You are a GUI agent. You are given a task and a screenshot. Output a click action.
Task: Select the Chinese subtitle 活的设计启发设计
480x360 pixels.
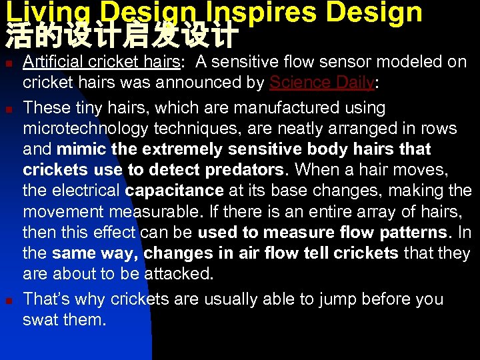(x=121, y=37)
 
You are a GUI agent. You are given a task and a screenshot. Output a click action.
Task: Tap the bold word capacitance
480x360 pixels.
(x=174, y=191)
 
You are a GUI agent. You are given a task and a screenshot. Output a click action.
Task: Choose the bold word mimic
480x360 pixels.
(x=80, y=149)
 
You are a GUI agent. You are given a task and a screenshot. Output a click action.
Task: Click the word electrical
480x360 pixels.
(x=87, y=191)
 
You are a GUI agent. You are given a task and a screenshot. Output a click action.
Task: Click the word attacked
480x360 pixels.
(x=179, y=274)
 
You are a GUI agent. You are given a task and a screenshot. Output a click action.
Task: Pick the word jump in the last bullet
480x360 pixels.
(x=311, y=299)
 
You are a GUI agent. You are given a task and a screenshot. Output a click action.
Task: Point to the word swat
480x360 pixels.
(x=43, y=319)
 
